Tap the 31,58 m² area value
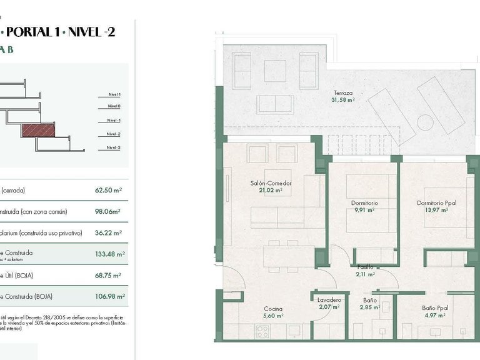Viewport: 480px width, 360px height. [x=343, y=99]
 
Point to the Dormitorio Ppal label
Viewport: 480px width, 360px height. [x=435, y=202]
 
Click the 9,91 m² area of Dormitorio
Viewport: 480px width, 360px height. [x=363, y=211]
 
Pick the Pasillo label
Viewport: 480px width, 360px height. [x=365, y=267]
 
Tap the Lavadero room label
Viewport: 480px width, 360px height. [x=329, y=299]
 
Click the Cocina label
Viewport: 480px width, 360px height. [x=272, y=309]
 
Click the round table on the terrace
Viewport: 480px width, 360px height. [x=426, y=121]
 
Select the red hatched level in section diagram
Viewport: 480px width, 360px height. [x=39, y=130]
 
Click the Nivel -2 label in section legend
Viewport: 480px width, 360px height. [x=113, y=134]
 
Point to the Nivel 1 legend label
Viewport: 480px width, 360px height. [x=113, y=94]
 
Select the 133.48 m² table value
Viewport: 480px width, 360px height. [x=112, y=254]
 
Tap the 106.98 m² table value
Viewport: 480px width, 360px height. [x=112, y=297]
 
